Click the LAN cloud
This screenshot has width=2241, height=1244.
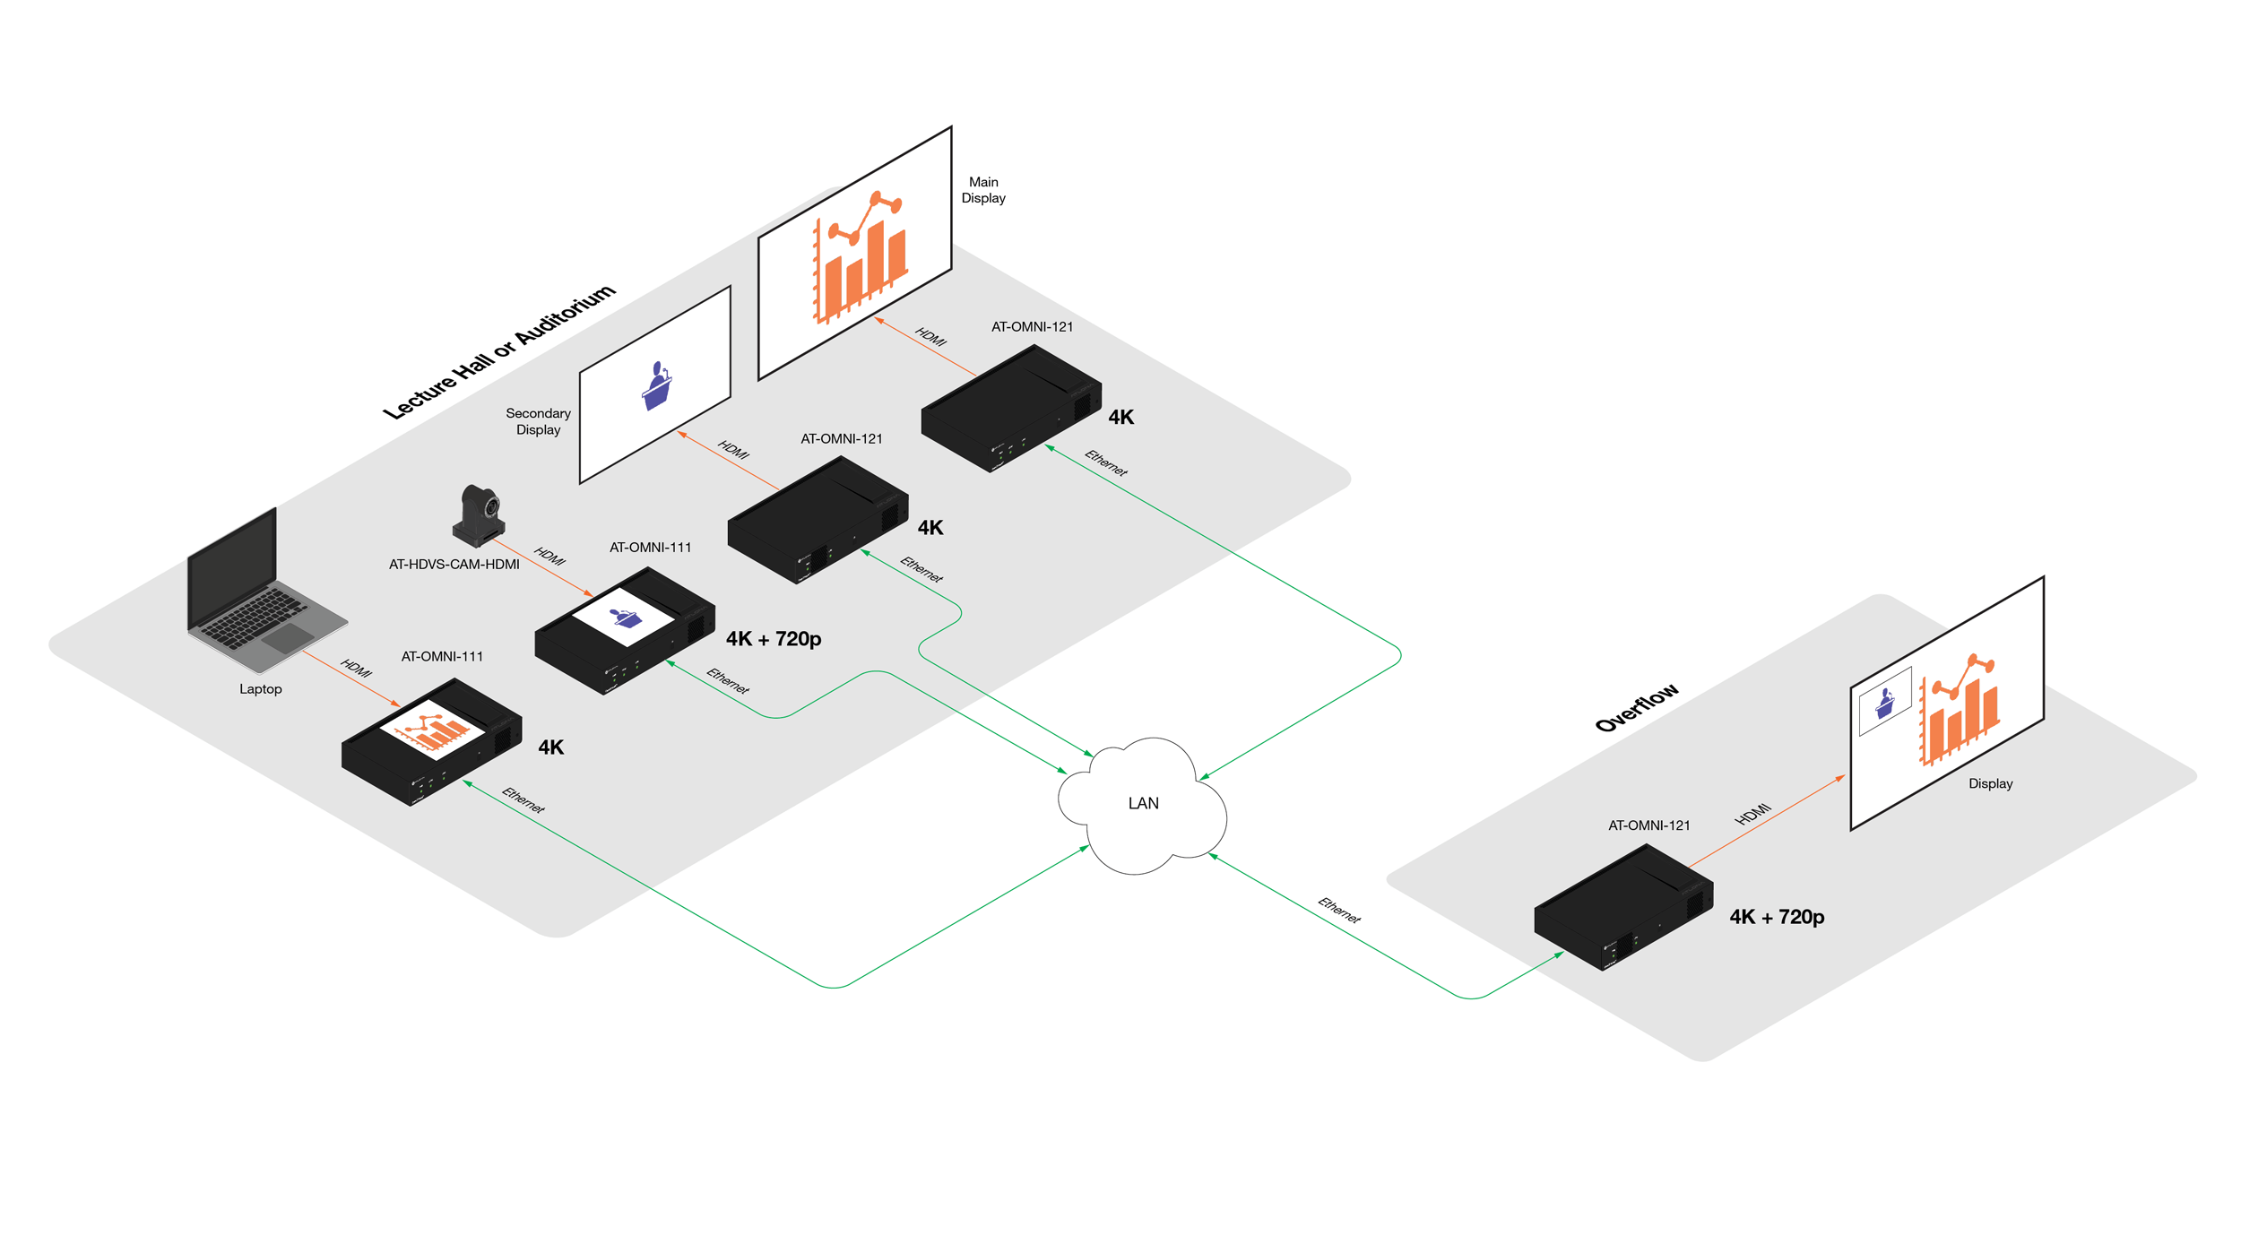click(x=1142, y=805)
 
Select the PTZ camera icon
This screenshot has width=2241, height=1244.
click(x=479, y=515)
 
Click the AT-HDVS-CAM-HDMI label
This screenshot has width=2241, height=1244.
click(x=454, y=565)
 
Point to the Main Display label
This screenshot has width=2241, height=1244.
click(x=983, y=190)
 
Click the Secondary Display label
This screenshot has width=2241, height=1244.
click(x=538, y=421)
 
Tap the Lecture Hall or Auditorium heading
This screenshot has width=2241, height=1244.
click(x=499, y=351)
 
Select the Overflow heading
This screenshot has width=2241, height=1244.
click(x=1637, y=708)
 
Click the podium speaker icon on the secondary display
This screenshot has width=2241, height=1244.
click(x=657, y=386)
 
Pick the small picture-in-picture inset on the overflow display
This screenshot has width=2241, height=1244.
click(x=1885, y=701)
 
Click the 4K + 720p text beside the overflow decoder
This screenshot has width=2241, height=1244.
click(x=1777, y=917)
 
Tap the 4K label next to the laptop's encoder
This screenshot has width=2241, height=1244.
click(x=551, y=747)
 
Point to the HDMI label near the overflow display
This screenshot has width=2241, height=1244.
click(x=1752, y=814)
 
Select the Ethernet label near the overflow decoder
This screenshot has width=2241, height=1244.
click(x=1339, y=911)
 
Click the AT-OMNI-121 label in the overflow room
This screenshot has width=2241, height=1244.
click(x=1648, y=825)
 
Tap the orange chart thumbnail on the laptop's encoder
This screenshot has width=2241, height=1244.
click(x=432, y=730)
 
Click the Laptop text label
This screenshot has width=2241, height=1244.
click(x=261, y=689)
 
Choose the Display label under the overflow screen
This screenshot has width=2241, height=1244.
click(x=1990, y=783)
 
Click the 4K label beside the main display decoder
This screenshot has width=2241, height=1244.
click(x=1121, y=418)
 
